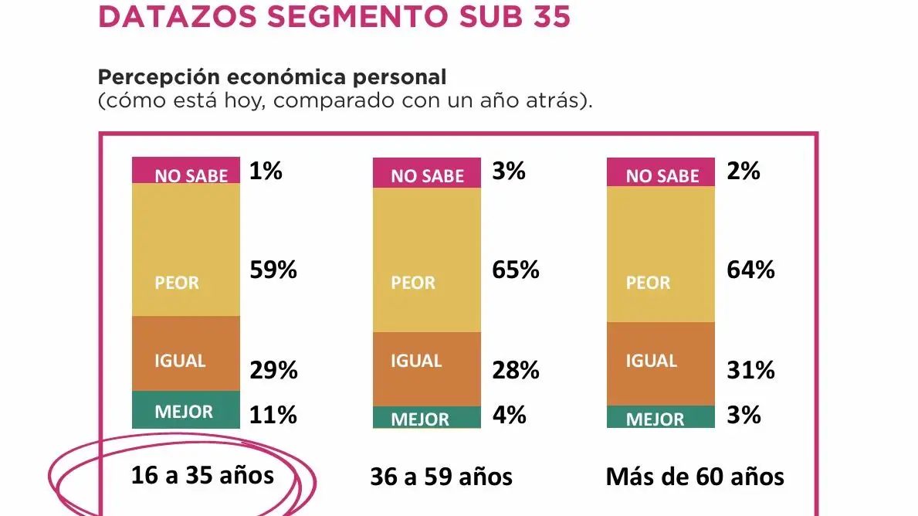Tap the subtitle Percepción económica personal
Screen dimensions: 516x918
273,77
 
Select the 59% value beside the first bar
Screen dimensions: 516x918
273,270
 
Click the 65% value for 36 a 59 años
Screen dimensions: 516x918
516,270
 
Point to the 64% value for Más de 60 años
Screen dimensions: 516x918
750,270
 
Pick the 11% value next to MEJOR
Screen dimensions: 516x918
273,415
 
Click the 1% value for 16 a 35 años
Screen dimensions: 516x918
266,171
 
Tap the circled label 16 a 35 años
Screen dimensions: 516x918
202,474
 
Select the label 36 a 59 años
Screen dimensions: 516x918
441,477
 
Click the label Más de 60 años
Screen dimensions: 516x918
695,477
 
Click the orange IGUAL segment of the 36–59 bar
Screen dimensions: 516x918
426,368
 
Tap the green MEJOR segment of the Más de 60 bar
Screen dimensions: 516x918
660,417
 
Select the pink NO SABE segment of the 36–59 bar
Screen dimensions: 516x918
426,172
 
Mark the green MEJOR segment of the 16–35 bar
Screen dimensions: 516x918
185,409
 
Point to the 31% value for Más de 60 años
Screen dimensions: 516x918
750,371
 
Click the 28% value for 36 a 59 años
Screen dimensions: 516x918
516,371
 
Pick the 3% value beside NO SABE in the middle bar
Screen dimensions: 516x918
509,171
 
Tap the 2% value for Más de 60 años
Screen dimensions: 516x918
744,171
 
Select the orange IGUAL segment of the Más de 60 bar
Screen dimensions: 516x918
660,363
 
